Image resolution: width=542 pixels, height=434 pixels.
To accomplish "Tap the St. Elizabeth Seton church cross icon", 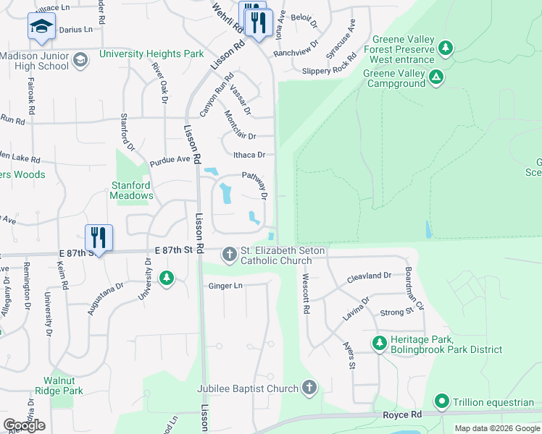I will (x=230, y=253).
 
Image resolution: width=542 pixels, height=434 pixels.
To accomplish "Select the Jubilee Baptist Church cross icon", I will (x=310, y=388).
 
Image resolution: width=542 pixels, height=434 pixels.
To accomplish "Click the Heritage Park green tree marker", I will (x=378, y=343).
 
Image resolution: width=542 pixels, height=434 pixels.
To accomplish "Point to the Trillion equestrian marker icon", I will (x=441, y=401).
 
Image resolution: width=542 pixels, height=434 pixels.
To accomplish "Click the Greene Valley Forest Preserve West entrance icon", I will (x=446, y=49).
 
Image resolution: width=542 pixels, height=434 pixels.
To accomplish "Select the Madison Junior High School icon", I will (x=80, y=59).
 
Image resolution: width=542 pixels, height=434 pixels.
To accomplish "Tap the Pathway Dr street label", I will (x=255, y=185).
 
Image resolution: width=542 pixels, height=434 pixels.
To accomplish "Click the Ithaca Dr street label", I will (x=249, y=155).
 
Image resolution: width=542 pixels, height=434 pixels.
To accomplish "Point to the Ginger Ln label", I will (x=225, y=286).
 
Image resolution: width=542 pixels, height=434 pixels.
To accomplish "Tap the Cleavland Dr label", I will (x=368, y=276).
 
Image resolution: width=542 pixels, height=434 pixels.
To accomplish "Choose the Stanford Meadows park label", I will (x=132, y=190).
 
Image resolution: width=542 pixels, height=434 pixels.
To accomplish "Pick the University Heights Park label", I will (x=151, y=54).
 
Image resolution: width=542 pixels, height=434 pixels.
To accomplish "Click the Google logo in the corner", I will (x=25, y=425).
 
